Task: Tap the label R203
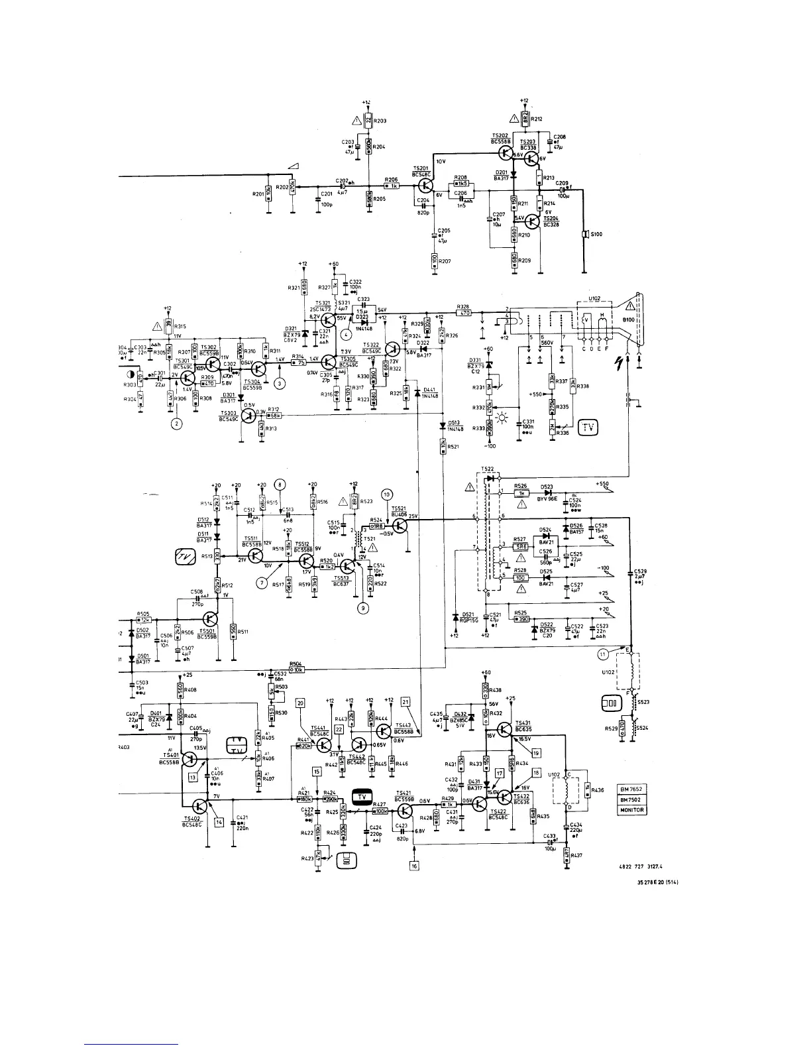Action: point(380,121)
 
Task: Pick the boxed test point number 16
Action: point(414,865)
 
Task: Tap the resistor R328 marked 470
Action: point(464,312)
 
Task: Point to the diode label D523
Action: point(545,487)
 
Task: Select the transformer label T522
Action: point(487,469)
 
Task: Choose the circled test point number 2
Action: point(177,424)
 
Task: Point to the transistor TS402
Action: point(201,806)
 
